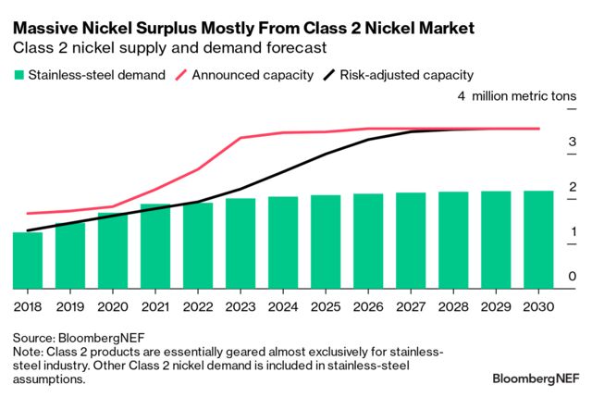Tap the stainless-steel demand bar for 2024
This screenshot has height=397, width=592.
pyautogui.click(x=283, y=242)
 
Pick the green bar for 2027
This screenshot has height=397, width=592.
pyautogui.click(x=411, y=240)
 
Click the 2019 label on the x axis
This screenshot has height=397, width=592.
pyautogui.click(x=70, y=304)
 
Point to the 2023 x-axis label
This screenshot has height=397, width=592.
pyautogui.click(x=240, y=304)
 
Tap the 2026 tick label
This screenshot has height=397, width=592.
pyautogui.click(x=368, y=304)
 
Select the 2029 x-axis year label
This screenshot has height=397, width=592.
pyautogui.click(x=496, y=304)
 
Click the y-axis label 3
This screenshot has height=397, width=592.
pyautogui.click(x=573, y=142)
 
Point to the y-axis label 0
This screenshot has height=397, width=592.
pyautogui.click(x=573, y=276)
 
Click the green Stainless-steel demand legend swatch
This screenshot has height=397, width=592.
pyautogui.click(x=18, y=75)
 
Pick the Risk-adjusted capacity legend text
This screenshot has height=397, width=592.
pyautogui.click(x=408, y=75)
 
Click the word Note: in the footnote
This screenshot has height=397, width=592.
pyautogui.click(x=29, y=352)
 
